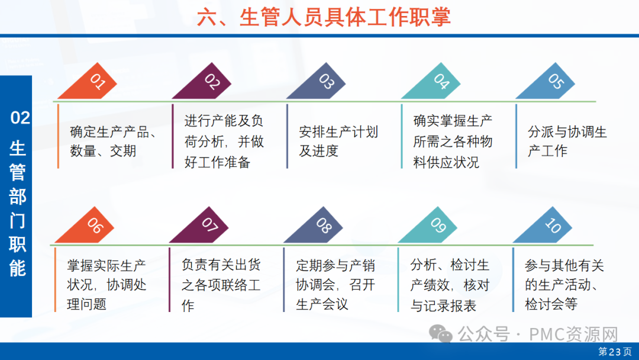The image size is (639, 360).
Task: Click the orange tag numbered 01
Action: (x=90, y=83)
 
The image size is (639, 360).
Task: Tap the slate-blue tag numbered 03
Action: (x=318, y=83)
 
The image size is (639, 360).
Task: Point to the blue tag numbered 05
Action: (x=547, y=83)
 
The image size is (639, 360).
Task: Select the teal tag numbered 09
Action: (x=430, y=227)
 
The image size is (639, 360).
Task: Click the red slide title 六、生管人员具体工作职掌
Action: (x=324, y=18)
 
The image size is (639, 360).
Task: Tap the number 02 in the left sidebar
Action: (x=20, y=118)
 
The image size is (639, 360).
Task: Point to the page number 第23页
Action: (x=615, y=352)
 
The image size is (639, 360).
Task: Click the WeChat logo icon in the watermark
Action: (x=441, y=334)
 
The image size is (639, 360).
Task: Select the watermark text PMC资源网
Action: (x=573, y=335)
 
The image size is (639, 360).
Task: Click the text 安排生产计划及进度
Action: (x=338, y=141)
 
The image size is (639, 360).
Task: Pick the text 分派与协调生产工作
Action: (x=567, y=141)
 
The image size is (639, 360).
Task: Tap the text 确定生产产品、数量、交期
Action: (x=113, y=141)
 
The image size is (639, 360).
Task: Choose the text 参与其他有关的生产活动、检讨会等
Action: (x=564, y=285)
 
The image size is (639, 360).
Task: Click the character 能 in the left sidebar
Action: (x=18, y=268)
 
